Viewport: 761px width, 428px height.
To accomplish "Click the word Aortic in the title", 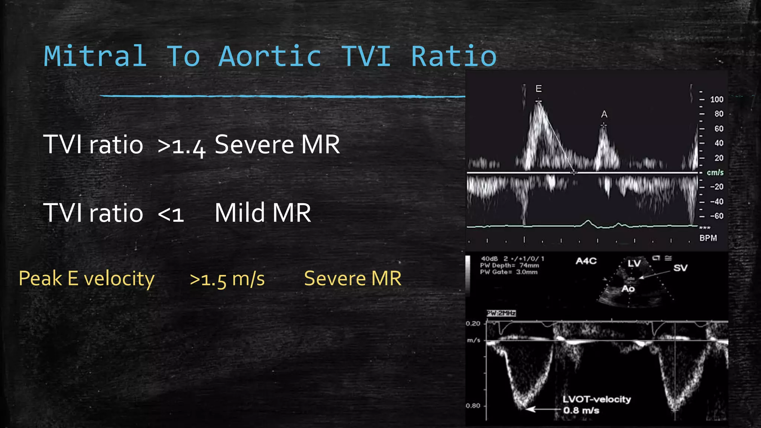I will pyautogui.click(x=270, y=56).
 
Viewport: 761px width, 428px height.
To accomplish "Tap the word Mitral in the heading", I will pyautogui.click(x=95, y=56).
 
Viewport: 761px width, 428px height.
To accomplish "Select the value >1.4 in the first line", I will pyautogui.click(x=181, y=145).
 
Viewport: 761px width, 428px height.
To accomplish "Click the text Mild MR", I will pyautogui.click(x=263, y=213).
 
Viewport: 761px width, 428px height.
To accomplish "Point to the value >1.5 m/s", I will pyautogui.click(x=227, y=279).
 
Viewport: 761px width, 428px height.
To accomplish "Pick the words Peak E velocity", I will pyautogui.click(x=87, y=279).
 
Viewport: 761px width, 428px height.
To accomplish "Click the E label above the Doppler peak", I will pyautogui.click(x=538, y=88).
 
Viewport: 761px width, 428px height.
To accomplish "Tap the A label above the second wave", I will pyautogui.click(x=604, y=114).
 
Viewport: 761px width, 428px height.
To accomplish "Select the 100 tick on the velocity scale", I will pyautogui.click(x=716, y=100).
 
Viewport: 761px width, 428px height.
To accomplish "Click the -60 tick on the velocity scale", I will pyautogui.click(x=716, y=216).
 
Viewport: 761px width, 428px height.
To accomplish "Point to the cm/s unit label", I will pyautogui.click(x=715, y=172).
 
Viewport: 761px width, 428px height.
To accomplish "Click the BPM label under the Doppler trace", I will pyautogui.click(x=708, y=238).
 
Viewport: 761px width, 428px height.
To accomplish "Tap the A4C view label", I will pyautogui.click(x=586, y=261).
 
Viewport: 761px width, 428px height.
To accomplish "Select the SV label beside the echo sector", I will pyautogui.click(x=680, y=268).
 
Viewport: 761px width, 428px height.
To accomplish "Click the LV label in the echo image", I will pyautogui.click(x=634, y=263).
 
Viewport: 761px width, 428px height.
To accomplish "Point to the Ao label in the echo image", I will pyautogui.click(x=628, y=289).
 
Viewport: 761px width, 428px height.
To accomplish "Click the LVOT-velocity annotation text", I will pyautogui.click(x=596, y=399).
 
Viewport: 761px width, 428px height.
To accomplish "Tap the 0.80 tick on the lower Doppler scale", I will pyautogui.click(x=473, y=406).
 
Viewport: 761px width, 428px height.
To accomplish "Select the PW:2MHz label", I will pyautogui.click(x=501, y=313).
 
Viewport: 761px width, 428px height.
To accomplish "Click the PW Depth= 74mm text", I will pyautogui.click(x=509, y=265).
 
